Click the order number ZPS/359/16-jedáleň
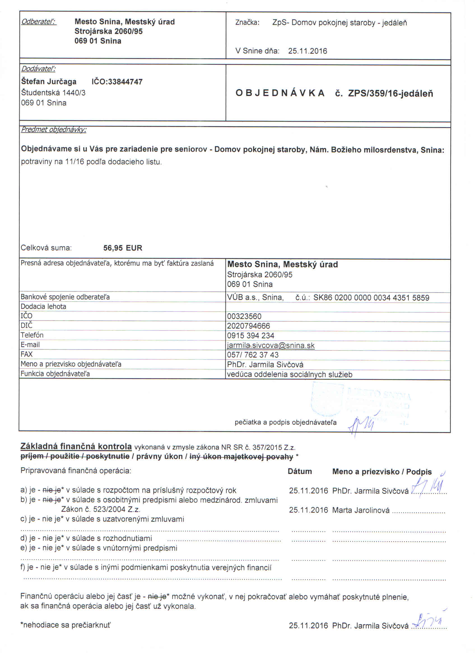click(390, 93)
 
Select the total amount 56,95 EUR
click(123, 248)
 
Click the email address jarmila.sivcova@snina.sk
click(271, 346)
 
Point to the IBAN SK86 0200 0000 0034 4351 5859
click(371, 298)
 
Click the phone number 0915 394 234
click(250, 336)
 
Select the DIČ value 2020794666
click(248, 326)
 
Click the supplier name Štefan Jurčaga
click(49, 82)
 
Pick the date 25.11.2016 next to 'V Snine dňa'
click(308, 51)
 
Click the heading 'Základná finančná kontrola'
click(76, 447)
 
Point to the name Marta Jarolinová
click(360, 510)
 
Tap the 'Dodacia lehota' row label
click(43, 307)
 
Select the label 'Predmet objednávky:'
click(54, 130)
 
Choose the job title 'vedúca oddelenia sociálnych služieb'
click(290, 375)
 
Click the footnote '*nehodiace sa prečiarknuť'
click(65, 625)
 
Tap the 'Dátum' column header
click(300, 472)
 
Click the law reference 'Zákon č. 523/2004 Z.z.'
click(101, 509)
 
